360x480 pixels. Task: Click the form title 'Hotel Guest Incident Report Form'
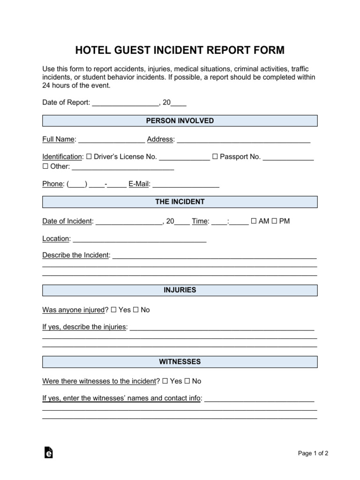180,50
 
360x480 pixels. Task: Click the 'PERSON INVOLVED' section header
180,121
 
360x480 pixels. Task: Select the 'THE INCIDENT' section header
180,202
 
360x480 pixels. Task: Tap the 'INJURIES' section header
180,290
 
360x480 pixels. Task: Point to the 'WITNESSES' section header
180,362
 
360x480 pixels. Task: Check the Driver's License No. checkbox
89,157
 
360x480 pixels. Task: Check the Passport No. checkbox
215,157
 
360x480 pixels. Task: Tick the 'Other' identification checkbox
45,166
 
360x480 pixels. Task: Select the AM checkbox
254,221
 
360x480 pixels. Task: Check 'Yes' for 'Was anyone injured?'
114,310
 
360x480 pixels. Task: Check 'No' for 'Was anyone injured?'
135,310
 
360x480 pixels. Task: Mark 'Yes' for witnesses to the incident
165,381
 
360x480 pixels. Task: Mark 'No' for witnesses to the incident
187,381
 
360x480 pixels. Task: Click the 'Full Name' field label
59,140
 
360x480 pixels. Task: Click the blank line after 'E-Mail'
186,185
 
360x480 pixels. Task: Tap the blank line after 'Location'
140,239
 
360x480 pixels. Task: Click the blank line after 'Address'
243,140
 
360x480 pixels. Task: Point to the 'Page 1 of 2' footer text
313,453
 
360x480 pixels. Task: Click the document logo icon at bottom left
48,452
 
